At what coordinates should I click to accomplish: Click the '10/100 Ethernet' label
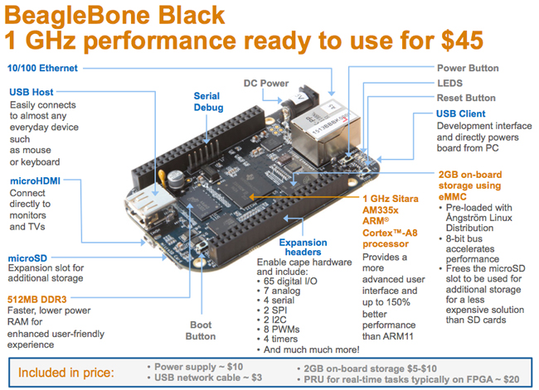coord(42,68)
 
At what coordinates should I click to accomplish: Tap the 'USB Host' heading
coord(32,92)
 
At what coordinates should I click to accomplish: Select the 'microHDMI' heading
coord(35,181)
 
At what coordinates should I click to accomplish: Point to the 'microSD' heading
coord(27,258)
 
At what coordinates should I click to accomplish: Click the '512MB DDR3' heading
coord(36,300)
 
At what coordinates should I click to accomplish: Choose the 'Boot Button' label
coord(201,330)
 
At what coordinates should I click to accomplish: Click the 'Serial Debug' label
coord(208,102)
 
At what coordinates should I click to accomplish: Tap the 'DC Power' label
coord(266,83)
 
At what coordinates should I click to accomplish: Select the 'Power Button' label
coord(468,68)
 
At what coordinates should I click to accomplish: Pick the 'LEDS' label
coord(449,83)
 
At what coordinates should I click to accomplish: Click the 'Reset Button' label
coord(466,98)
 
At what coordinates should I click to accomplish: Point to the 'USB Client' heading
coord(460,113)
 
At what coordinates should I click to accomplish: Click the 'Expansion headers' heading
coord(303,248)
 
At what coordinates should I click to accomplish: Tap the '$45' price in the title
coord(463,41)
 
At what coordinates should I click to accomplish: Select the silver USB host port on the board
coord(149,207)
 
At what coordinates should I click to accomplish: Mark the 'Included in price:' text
coord(66,373)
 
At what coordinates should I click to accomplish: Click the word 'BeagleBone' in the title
coord(77,15)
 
